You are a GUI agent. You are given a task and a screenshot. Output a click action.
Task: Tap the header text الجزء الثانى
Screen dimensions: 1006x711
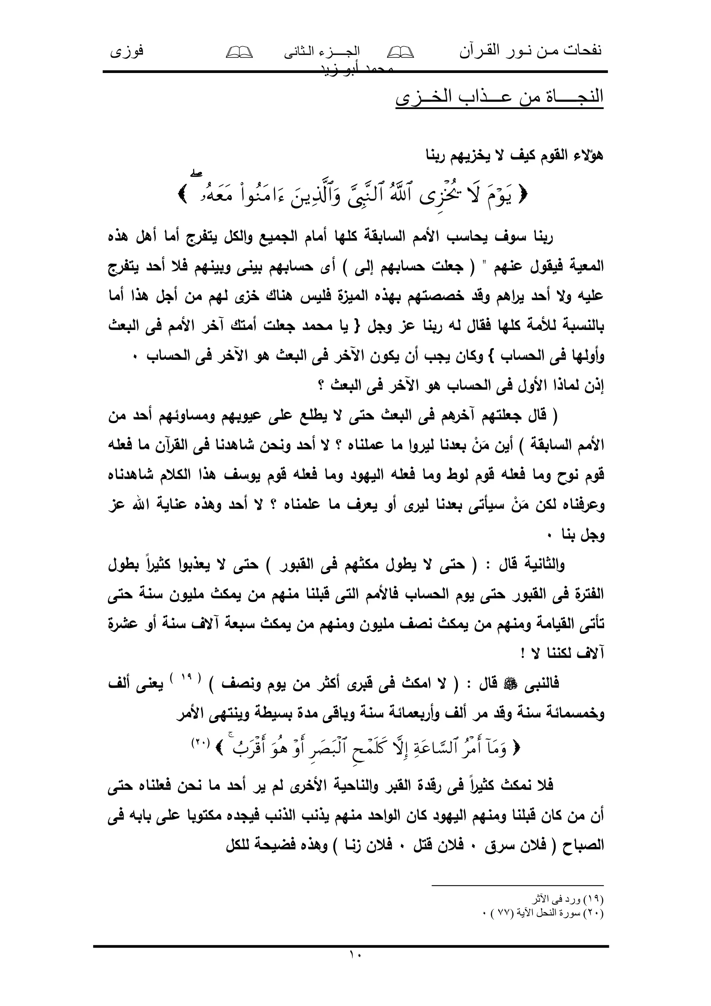[322, 52]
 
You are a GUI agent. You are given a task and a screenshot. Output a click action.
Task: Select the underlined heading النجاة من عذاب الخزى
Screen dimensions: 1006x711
[499, 97]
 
